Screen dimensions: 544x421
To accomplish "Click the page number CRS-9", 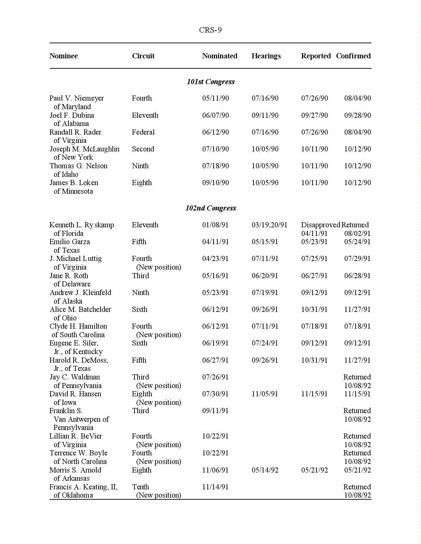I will pyautogui.click(x=210, y=30).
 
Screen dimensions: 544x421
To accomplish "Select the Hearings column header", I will pyautogui.click(x=266, y=56).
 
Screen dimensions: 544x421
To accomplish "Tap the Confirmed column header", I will pyautogui.click(x=353, y=56).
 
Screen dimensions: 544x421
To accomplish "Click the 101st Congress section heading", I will pyautogui.click(x=210, y=82).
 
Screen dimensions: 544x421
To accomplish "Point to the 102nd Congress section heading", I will pyautogui.click(x=210, y=208).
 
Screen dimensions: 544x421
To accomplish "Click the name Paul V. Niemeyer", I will pyautogui.click(x=76, y=98).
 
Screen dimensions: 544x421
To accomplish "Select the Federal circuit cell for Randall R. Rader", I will pyautogui.click(x=143, y=132).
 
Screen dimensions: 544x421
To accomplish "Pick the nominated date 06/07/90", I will pyautogui.click(x=215, y=115).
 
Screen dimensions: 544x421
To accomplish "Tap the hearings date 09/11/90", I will pyautogui.click(x=265, y=115).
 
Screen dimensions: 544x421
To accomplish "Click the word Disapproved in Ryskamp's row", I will pyautogui.click(x=320, y=225).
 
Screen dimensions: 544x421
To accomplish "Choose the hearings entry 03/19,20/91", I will pyautogui.click(x=269, y=225).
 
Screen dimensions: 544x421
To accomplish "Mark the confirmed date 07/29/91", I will pyautogui.click(x=357, y=259).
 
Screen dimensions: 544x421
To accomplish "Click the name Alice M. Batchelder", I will pyautogui.click(x=80, y=309).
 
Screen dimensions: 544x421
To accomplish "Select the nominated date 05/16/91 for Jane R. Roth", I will pyautogui.click(x=215, y=276).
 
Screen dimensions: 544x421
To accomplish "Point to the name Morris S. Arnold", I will pyautogui.click(x=75, y=470).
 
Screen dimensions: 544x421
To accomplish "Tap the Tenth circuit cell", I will pyautogui.click(x=140, y=487).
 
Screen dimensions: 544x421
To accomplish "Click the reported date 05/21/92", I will pyautogui.click(x=314, y=470).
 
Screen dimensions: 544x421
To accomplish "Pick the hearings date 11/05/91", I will pyautogui.click(x=265, y=394).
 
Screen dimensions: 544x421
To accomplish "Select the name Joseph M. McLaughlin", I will pyautogui.click(x=84, y=149).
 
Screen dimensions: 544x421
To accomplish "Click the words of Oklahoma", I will pyautogui.click(x=73, y=495).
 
